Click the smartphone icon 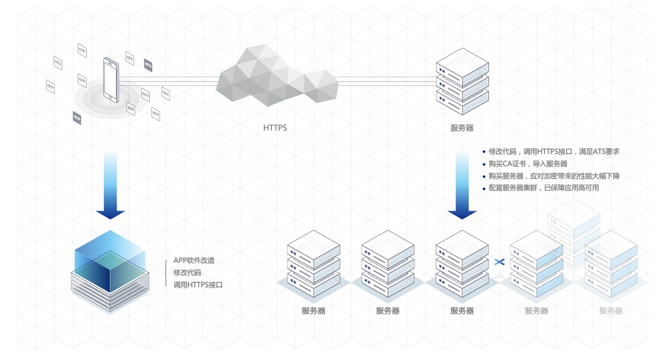point(110,79)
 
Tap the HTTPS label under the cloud point(275,128)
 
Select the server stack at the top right point(462,80)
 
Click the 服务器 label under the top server point(462,128)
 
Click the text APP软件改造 point(194,260)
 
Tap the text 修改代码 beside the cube point(187,273)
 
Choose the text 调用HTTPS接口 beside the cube point(198,285)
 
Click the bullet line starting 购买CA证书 point(528,164)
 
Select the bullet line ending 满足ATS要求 point(554,151)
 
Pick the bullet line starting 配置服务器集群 point(543,188)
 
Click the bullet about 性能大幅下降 point(554,176)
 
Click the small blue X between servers point(499,262)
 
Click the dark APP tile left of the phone point(77,117)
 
